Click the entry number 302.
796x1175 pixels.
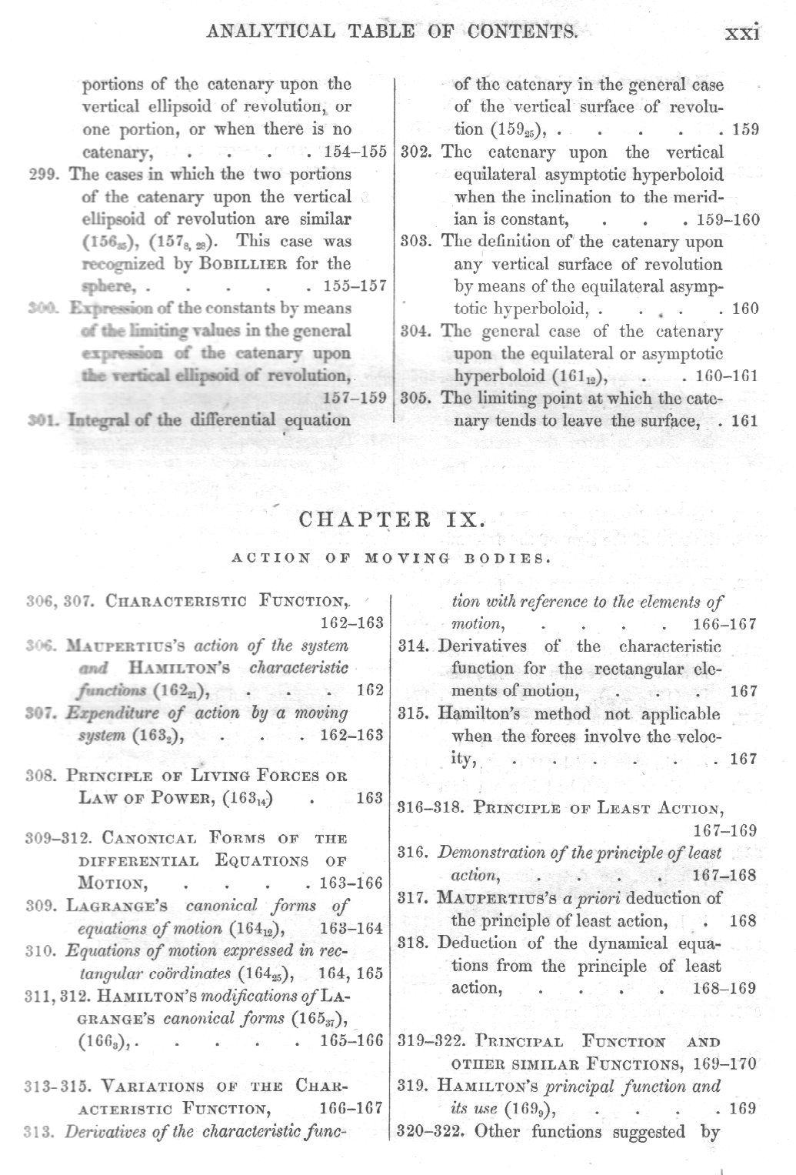415,152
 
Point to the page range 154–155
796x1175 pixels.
356,152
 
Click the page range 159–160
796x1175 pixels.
728,220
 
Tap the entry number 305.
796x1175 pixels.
415,399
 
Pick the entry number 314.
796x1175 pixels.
415,646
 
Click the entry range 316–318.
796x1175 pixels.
430,808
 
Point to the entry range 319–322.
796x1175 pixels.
431,1043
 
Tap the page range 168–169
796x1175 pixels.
724,988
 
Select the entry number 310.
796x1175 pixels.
38,951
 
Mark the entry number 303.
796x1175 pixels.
415,242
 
